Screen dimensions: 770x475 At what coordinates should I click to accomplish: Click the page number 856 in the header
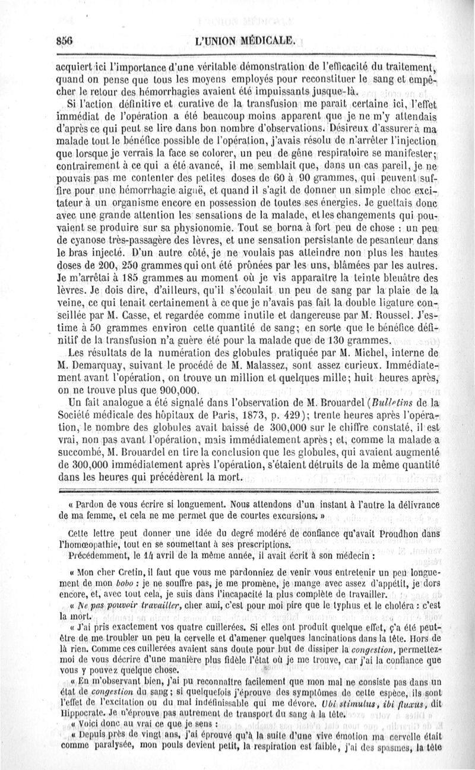[x=61, y=41]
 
